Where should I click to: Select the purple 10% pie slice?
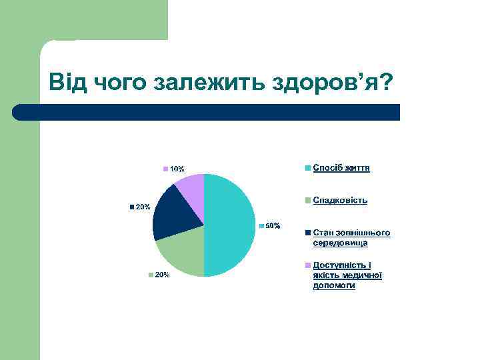coord(192,188)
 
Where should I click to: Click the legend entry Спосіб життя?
coord(341,168)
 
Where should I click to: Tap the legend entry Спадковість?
coord(340,200)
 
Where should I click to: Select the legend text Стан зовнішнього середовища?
coord(351,237)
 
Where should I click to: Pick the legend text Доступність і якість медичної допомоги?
coord(347,275)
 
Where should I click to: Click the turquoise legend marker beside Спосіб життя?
coord(308,168)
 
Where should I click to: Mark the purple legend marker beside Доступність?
coord(308,265)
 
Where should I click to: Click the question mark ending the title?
coord(385,83)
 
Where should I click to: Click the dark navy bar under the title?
coord(206,112)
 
